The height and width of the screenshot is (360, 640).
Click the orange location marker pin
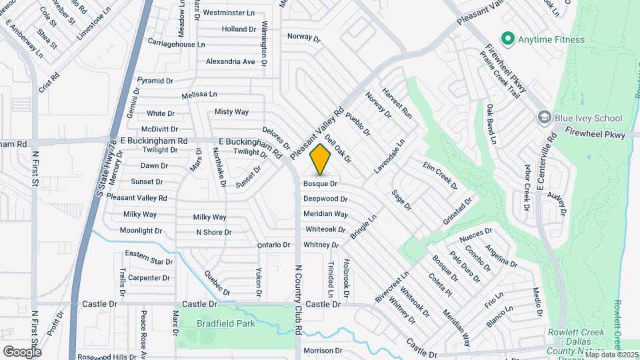coord(321,159)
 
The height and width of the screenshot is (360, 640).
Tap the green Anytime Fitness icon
coord(508,39)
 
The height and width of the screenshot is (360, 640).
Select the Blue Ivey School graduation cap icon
coord(544,118)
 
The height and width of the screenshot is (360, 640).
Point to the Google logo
coord(22,351)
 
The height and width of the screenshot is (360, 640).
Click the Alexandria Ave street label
coord(231,61)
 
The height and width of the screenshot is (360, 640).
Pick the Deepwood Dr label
coord(325,199)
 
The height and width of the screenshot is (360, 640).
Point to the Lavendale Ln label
coord(389,157)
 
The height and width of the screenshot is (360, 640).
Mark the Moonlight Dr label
coord(141,231)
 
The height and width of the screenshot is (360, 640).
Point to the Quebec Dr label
coord(217,283)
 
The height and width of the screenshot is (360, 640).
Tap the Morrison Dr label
coord(323,351)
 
